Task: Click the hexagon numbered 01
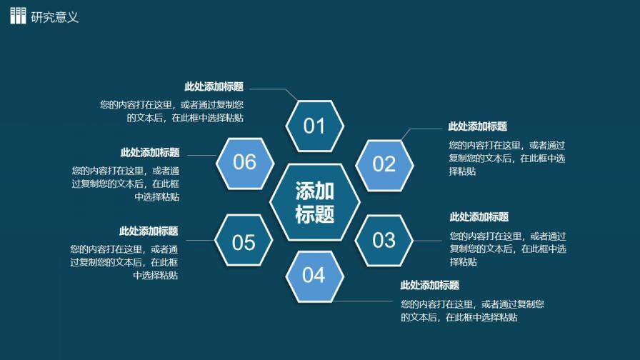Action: [314, 126]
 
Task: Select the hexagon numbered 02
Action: [384, 164]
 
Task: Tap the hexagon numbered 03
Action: [384, 240]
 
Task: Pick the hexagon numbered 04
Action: [314, 275]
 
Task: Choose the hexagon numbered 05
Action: [244, 242]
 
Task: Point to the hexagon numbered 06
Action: [244, 162]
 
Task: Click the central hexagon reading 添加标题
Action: [314, 202]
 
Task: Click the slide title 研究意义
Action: [55, 17]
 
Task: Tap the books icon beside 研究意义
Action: [18, 16]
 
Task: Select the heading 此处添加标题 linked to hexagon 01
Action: [214, 87]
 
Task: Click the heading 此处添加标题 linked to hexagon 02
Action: [477, 126]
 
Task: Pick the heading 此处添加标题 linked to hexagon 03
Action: [479, 217]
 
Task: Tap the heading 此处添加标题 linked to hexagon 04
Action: [429, 286]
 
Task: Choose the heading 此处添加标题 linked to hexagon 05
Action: [149, 231]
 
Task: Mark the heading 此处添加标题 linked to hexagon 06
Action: [150, 152]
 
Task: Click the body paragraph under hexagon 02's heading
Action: [506, 158]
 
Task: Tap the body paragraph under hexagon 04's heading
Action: [472, 310]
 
